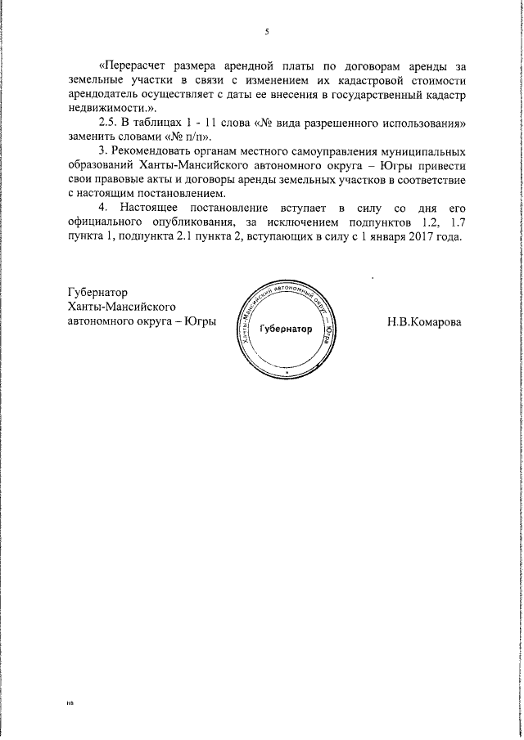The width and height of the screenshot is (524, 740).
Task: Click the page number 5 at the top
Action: (x=267, y=32)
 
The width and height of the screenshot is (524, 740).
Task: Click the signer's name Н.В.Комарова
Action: (x=424, y=321)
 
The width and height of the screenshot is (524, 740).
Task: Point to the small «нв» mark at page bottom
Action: (x=70, y=704)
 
